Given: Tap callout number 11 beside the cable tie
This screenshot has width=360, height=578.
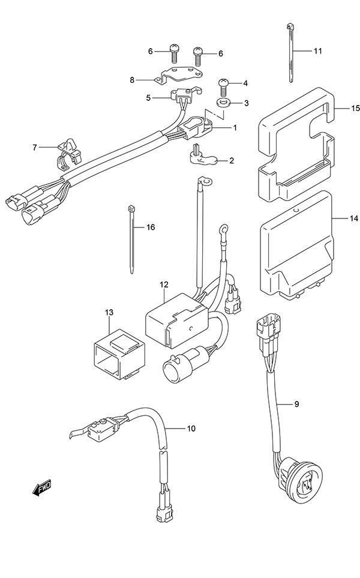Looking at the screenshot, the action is (x=317, y=50).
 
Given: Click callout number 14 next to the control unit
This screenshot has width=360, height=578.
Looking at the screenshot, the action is (x=353, y=218).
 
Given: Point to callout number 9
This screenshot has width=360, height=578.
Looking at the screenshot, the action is (x=296, y=404).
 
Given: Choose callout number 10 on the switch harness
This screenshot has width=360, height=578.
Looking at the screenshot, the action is (x=191, y=429).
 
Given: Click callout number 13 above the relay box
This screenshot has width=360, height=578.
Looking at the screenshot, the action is (x=109, y=312).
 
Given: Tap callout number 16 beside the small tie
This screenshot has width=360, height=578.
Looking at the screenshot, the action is (x=151, y=227).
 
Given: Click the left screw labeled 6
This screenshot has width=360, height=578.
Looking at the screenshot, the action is (x=173, y=52).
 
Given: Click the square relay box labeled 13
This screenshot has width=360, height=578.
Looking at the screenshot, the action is (x=119, y=355).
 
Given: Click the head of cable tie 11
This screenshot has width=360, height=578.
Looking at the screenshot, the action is (x=289, y=26).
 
